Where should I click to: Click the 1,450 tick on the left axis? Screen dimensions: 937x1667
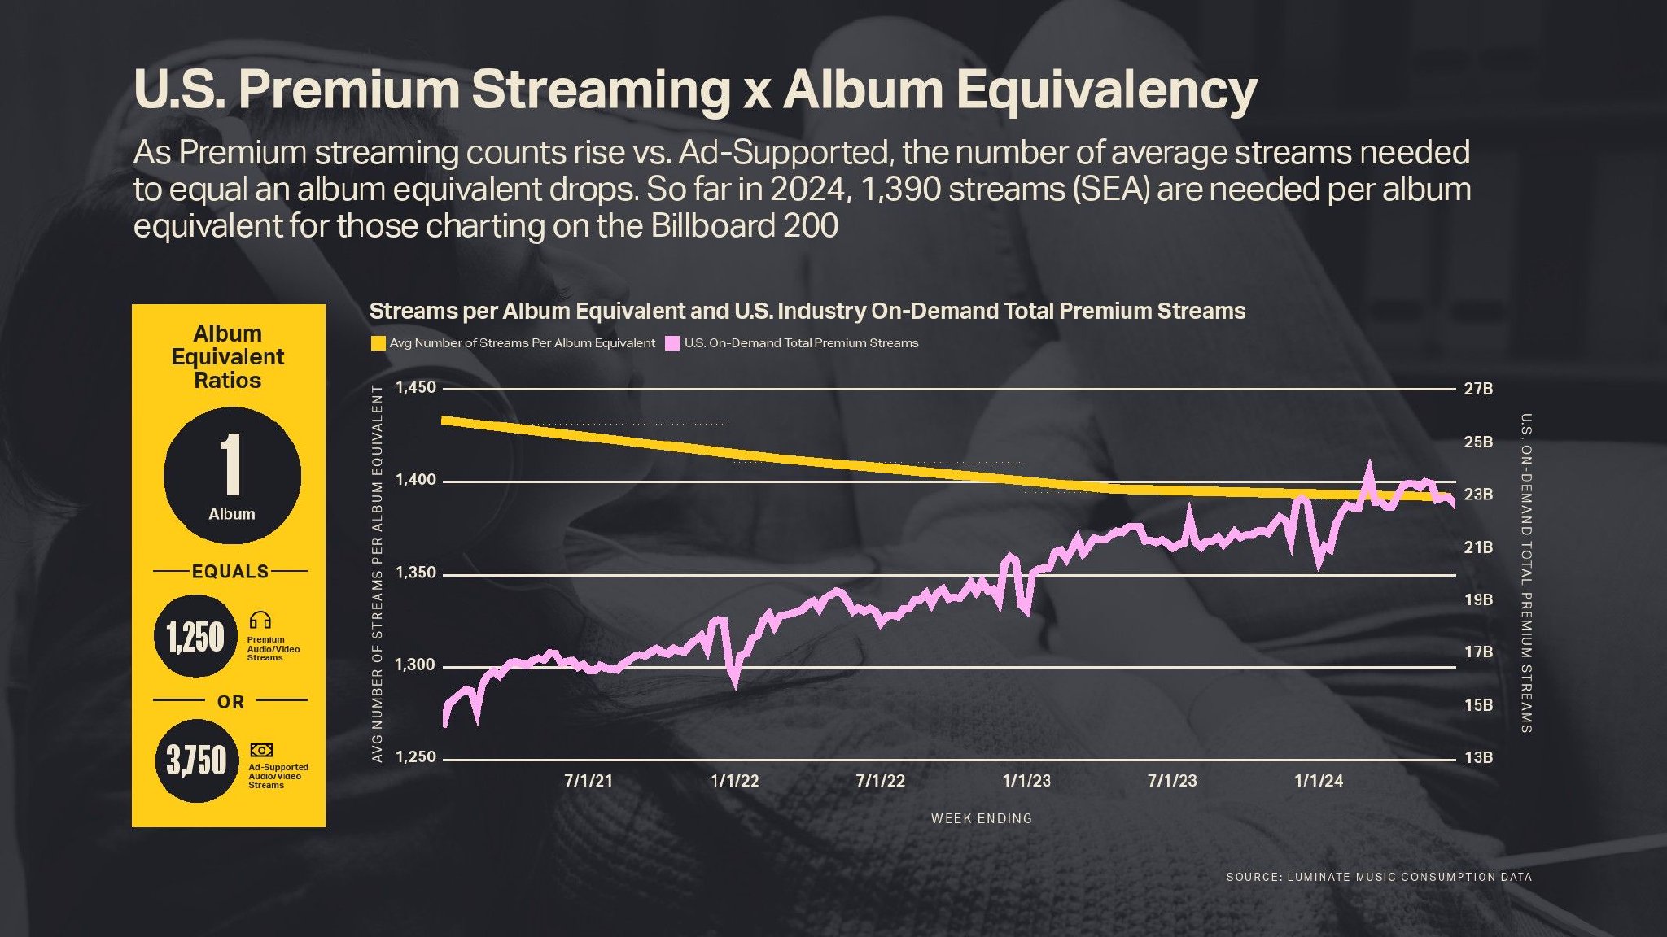click(415, 388)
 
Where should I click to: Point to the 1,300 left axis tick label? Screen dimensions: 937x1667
click(415, 665)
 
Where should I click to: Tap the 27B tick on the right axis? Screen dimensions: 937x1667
click(1478, 389)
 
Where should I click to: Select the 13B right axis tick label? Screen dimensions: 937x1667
click(1478, 758)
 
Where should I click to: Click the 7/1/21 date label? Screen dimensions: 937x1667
click(588, 781)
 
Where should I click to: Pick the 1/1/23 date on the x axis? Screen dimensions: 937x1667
click(1026, 781)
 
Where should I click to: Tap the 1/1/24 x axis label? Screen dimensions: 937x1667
click(1319, 781)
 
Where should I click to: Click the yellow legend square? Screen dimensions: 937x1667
click(378, 343)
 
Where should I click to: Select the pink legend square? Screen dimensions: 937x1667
click(672, 343)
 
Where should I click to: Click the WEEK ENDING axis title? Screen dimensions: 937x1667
click(982, 818)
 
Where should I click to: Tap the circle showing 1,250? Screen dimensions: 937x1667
click(195, 636)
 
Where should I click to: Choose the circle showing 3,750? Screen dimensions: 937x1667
click(196, 760)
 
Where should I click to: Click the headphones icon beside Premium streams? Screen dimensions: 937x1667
click(260, 621)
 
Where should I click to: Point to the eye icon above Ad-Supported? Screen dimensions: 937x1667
click(261, 750)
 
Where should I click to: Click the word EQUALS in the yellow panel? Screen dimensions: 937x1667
click(230, 572)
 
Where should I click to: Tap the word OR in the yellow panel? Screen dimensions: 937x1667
click(230, 702)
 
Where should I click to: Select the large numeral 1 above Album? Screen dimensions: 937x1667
click(231, 464)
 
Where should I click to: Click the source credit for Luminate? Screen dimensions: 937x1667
click(1379, 877)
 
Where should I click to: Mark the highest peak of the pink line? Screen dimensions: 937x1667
click(1368, 465)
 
